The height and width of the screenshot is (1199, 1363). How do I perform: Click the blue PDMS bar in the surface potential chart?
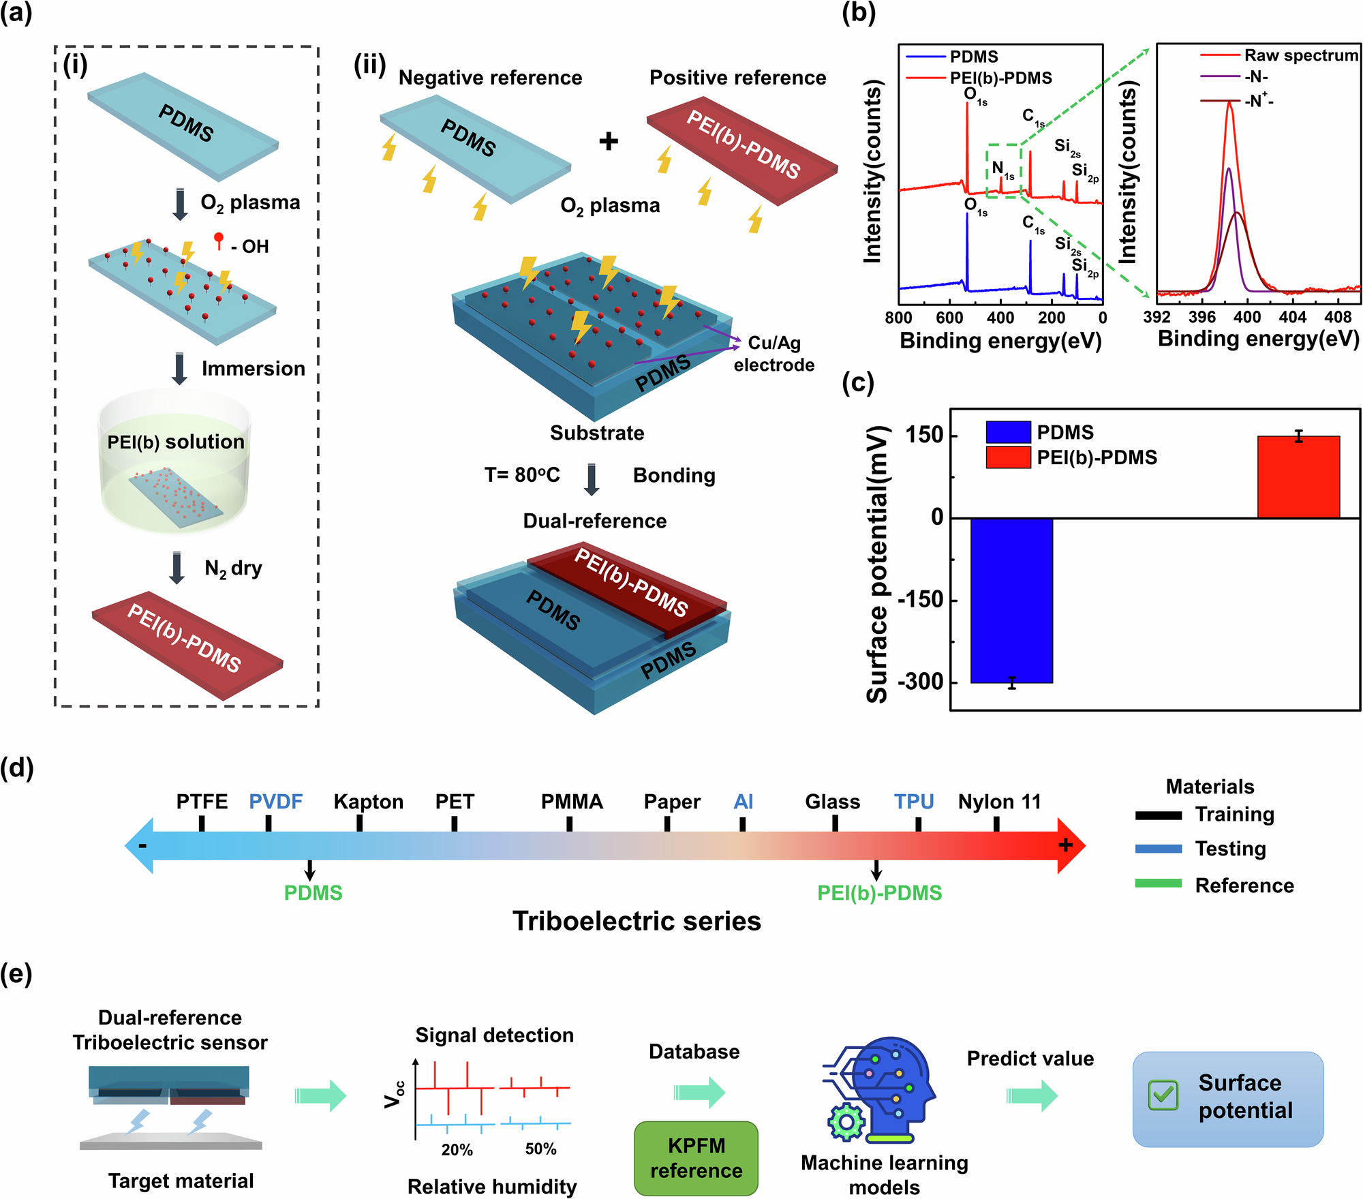(1011, 600)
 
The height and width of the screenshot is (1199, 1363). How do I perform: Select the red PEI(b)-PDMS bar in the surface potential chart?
(1298, 477)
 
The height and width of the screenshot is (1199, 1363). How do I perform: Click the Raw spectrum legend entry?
(1300, 55)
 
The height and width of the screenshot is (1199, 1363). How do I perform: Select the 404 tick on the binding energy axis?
(1292, 316)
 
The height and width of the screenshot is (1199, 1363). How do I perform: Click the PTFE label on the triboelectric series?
(202, 802)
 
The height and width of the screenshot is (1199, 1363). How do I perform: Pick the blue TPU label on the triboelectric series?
(914, 802)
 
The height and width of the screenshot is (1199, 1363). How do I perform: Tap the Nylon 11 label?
(999, 802)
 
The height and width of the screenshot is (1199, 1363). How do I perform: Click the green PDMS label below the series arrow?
(313, 893)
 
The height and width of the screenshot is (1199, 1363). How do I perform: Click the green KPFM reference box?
(696, 1158)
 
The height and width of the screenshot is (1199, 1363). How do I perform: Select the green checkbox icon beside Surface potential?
(1163, 1095)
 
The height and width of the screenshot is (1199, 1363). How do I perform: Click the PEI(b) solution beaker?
(175, 464)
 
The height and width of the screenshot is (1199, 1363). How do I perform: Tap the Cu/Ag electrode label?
(774, 354)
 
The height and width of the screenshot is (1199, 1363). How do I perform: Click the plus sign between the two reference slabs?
(608, 141)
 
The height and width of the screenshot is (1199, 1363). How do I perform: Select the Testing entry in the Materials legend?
(1230, 849)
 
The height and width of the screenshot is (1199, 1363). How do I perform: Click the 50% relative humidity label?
(540, 1149)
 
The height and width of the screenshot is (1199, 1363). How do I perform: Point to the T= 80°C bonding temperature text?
(522, 475)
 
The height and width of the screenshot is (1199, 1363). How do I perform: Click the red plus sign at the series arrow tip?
(1065, 846)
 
